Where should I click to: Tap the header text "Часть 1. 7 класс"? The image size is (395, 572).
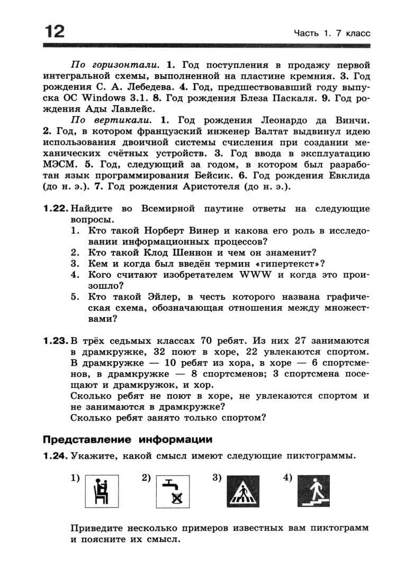[332, 33]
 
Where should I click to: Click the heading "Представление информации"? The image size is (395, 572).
[128, 439]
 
